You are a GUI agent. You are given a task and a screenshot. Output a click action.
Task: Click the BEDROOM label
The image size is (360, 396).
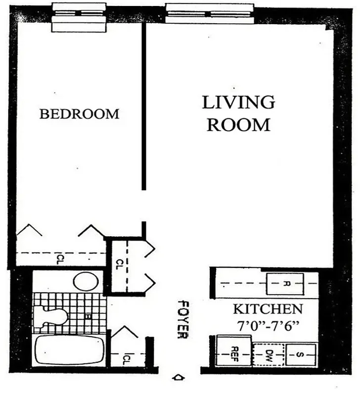point(79,114)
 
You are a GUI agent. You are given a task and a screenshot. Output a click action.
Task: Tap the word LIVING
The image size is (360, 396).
point(238,102)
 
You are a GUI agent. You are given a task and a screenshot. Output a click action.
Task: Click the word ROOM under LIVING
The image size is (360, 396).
point(238,125)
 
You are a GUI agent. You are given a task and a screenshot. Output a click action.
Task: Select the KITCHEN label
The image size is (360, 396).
point(268,309)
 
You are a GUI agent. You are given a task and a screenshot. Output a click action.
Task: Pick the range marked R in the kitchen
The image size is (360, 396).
point(286,284)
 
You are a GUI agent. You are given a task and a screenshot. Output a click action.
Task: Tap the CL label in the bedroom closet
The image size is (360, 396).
point(59,257)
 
